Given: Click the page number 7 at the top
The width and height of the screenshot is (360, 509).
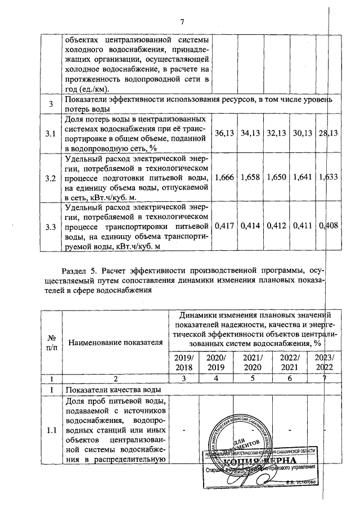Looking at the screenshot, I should [x=182, y=22].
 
